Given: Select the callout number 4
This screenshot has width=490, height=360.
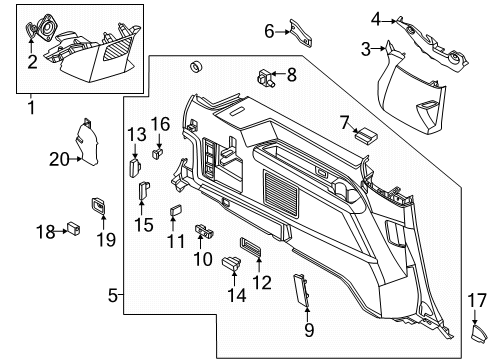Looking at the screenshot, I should pyautogui.click(x=375, y=18).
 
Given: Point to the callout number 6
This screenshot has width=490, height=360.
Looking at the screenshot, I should pyautogui.click(x=269, y=31).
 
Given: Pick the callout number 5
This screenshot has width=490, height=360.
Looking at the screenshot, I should pyautogui.click(x=113, y=295).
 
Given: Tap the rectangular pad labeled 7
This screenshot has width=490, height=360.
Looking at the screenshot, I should pyautogui.click(x=365, y=130).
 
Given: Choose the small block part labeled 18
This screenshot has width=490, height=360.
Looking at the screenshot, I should pyautogui.click(x=74, y=227).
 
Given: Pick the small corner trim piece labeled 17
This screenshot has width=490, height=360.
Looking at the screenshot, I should pyautogui.click(x=474, y=327).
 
